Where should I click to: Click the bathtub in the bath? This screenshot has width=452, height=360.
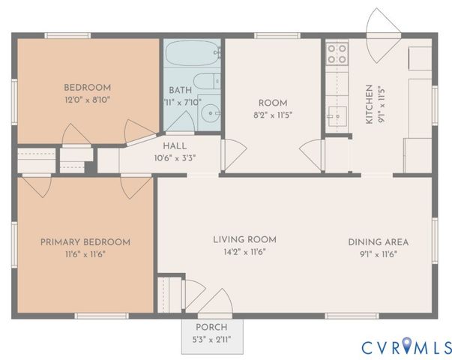(193, 53)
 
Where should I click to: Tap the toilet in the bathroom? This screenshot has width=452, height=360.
(207, 81)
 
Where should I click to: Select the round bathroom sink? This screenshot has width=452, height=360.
(211, 113)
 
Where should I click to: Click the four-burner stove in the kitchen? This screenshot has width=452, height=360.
(337, 54)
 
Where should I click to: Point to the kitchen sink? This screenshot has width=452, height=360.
(337, 116)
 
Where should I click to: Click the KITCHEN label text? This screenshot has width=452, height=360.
(370, 104)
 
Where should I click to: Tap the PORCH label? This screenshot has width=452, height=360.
(211, 328)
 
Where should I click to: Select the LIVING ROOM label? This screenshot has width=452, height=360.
(244, 239)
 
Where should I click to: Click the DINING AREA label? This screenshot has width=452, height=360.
(379, 242)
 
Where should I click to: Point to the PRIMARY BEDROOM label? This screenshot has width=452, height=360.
(85, 242)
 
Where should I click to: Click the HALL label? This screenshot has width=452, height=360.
(175, 146)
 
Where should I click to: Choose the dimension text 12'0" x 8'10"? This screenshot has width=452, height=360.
(88, 100)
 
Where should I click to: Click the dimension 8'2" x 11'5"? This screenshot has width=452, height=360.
(273, 115)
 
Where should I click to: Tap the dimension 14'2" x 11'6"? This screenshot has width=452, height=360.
(244, 252)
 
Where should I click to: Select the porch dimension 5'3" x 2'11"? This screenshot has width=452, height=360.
(212, 340)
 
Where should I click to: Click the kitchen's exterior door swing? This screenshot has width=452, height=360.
(383, 35)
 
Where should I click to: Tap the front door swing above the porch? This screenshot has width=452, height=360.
(215, 301)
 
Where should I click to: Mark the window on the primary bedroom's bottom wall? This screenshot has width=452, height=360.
(101, 316)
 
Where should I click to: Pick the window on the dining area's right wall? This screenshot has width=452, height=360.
(435, 241)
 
